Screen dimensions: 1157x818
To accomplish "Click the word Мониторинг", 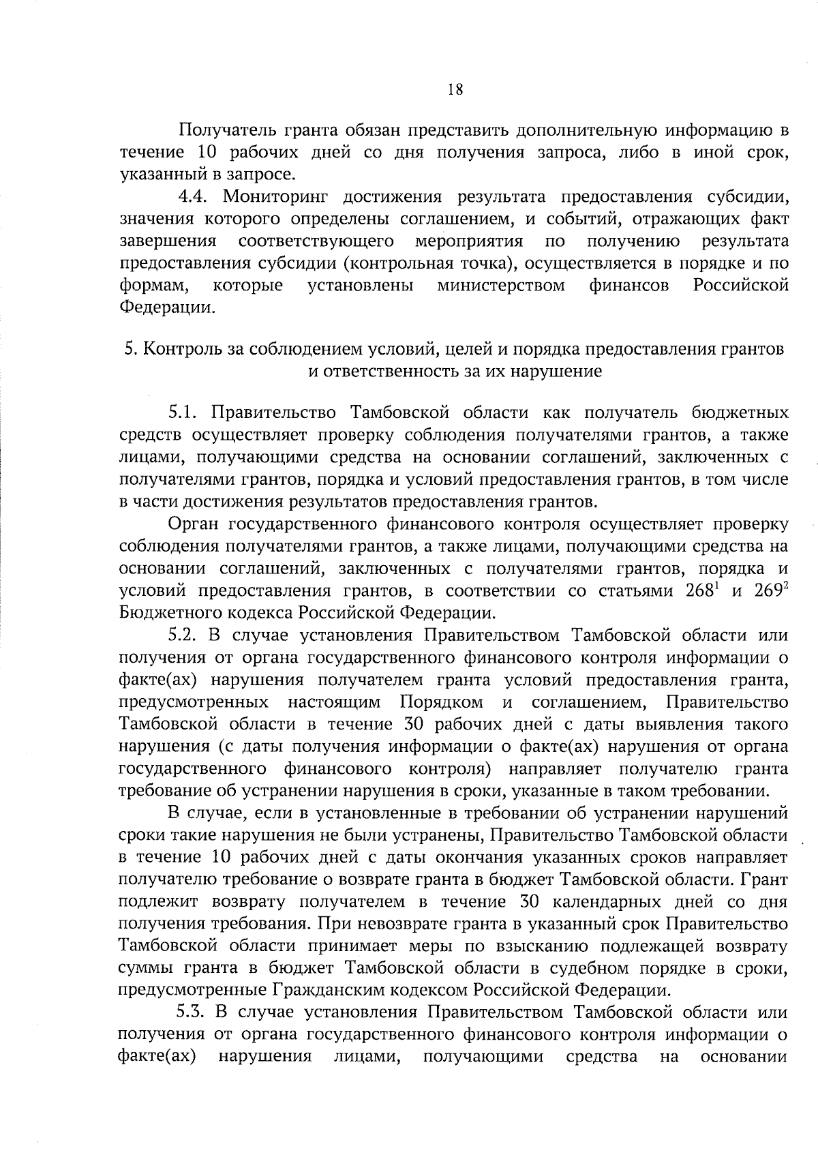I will click(275, 197).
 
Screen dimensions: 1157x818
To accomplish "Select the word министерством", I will click(501, 285).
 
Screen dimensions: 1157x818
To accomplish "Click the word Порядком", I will click(442, 702).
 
